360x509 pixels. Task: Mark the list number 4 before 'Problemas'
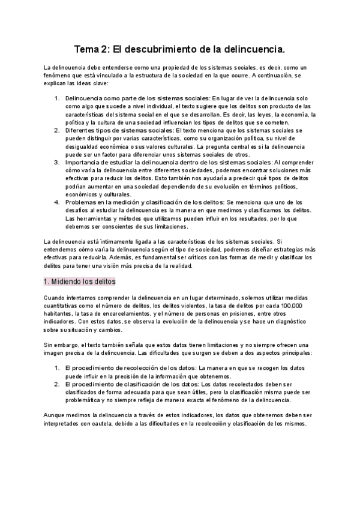57,202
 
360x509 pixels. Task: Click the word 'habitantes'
61,313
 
